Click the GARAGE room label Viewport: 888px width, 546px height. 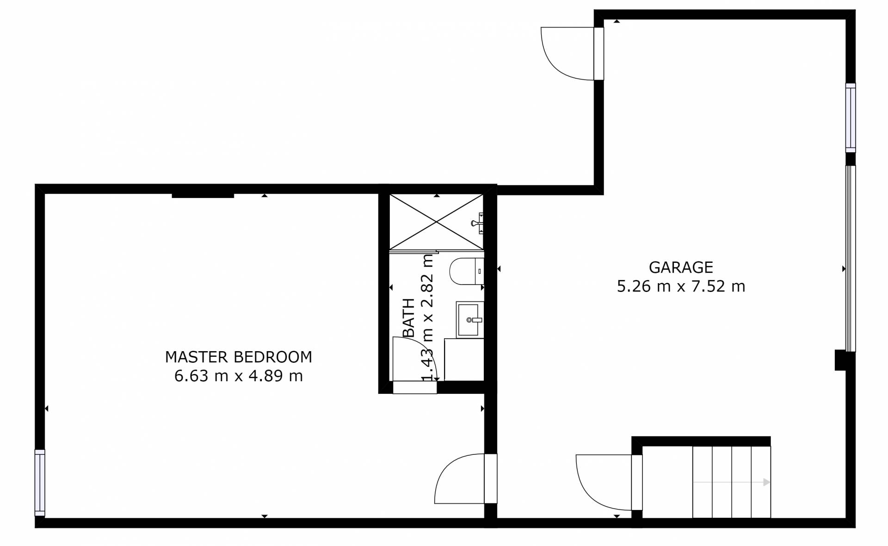(x=681, y=267)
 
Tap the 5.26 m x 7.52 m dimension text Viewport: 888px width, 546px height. (x=681, y=286)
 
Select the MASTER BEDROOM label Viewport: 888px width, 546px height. (x=239, y=357)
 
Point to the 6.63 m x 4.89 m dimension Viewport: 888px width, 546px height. (x=239, y=376)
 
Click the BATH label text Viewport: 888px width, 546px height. (x=409, y=318)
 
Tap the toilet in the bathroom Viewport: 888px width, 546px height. (x=467, y=271)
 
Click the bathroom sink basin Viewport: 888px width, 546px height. (x=469, y=320)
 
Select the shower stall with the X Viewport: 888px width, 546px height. (x=437, y=222)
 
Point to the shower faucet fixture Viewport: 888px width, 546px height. (x=478, y=223)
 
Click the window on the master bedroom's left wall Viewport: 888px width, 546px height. (x=40, y=482)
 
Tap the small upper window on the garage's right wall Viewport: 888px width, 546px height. (x=851, y=118)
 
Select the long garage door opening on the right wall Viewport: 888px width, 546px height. (x=851, y=258)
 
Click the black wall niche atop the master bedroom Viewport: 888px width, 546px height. (x=203, y=195)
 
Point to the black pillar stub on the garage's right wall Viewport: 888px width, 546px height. (x=840, y=360)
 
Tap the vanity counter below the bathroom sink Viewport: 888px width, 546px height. (x=464, y=360)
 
